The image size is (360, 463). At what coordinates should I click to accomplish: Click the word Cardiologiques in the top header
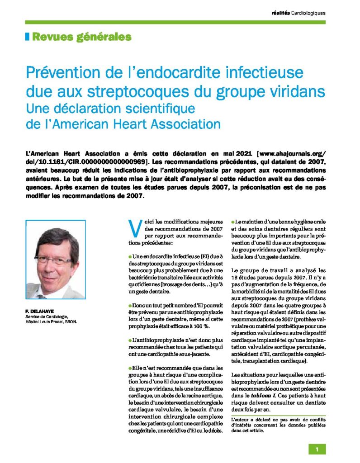point(308,13)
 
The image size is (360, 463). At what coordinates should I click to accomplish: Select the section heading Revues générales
point(81,37)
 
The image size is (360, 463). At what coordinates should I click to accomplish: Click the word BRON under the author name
point(71,322)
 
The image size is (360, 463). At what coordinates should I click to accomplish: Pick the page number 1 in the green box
point(317,449)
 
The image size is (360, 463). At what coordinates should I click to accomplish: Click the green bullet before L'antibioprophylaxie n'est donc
point(130,340)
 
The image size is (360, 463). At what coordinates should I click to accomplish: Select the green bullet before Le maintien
point(233,221)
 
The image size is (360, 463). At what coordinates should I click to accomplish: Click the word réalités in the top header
point(280,13)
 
